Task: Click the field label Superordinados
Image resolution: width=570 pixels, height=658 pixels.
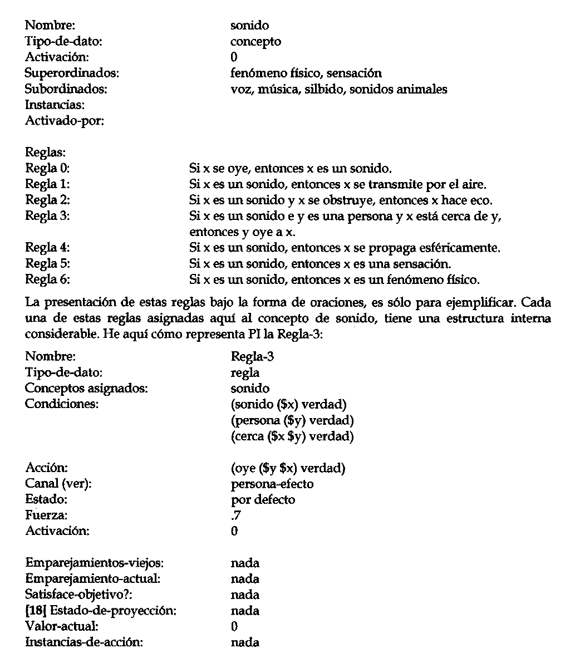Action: point(72,73)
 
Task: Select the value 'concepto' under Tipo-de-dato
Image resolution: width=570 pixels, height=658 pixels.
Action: point(255,41)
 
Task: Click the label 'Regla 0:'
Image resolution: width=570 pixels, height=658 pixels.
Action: point(47,168)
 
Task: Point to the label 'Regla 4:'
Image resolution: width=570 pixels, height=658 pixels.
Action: point(47,247)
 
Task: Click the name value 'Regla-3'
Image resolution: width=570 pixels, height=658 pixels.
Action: point(252,357)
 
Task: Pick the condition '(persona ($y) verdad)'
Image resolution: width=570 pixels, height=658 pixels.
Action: point(292,420)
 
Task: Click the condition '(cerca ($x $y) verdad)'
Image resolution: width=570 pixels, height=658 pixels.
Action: point(292,436)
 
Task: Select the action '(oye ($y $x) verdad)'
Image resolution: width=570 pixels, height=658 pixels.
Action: point(288,468)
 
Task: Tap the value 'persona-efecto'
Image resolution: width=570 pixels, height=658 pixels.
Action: point(272,484)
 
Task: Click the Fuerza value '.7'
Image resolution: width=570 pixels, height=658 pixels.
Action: point(236,515)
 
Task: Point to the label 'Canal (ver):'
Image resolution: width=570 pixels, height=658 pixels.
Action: point(58,484)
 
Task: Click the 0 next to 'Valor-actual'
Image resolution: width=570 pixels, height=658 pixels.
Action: point(234,626)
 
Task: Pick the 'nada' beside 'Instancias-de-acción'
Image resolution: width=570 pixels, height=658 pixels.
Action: point(245,642)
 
